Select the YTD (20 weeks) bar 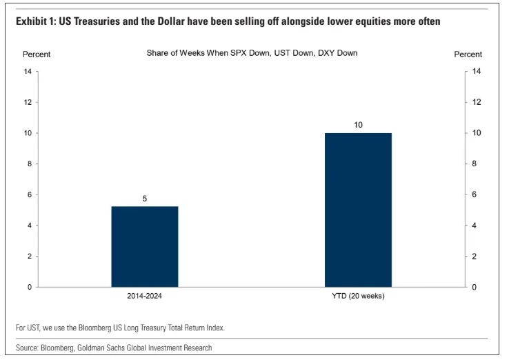point(358,210)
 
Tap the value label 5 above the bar point(144,199)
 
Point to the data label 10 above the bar point(358,125)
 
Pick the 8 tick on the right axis point(476,164)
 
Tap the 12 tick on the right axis point(477,102)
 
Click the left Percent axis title point(37,54)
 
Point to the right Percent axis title point(468,54)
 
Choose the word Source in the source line point(30,348)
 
